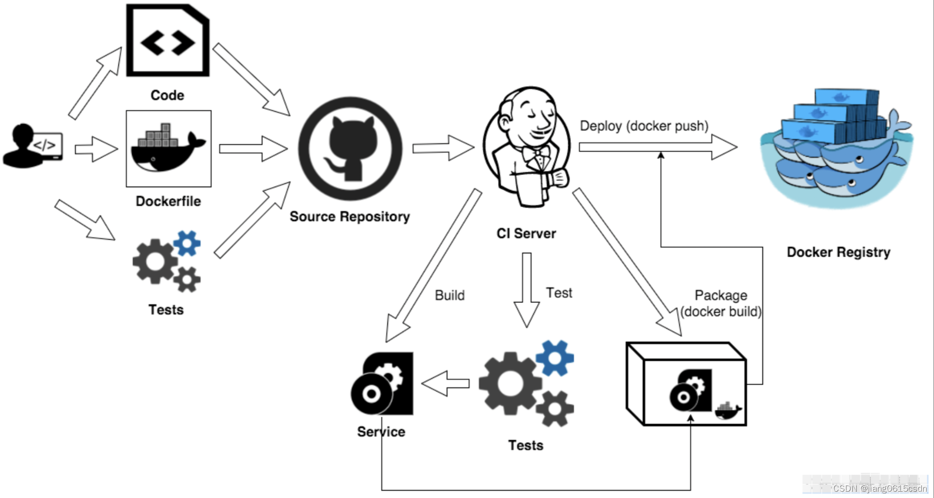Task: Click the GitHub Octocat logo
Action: tap(350, 149)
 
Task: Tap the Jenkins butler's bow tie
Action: tap(536, 155)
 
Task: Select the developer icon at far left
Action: tap(32, 146)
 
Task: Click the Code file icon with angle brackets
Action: tap(168, 41)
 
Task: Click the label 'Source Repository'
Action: tap(350, 216)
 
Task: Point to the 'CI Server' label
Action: tap(526, 233)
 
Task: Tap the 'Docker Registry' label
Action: tap(838, 252)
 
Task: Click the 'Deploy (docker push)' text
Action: tap(644, 126)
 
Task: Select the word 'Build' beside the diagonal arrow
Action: tap(449, 295)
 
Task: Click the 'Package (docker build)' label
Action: tap(721, 303)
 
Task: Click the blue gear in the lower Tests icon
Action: tap(555, 357)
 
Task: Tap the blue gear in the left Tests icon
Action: tap(187, 243)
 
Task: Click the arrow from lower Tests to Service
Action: tap(445, 383)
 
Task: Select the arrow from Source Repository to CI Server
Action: tap(443, 148)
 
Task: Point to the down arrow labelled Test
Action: tap(526, 289)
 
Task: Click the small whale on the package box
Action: tap(728, 411)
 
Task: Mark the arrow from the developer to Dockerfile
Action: tap(96, 149)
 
